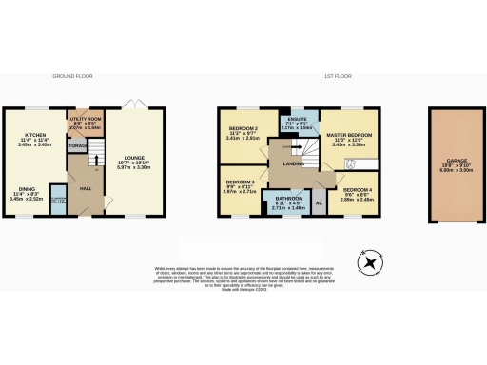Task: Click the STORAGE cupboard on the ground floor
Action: (x=76, y=145)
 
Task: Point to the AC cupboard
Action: (x=319, y=203)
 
